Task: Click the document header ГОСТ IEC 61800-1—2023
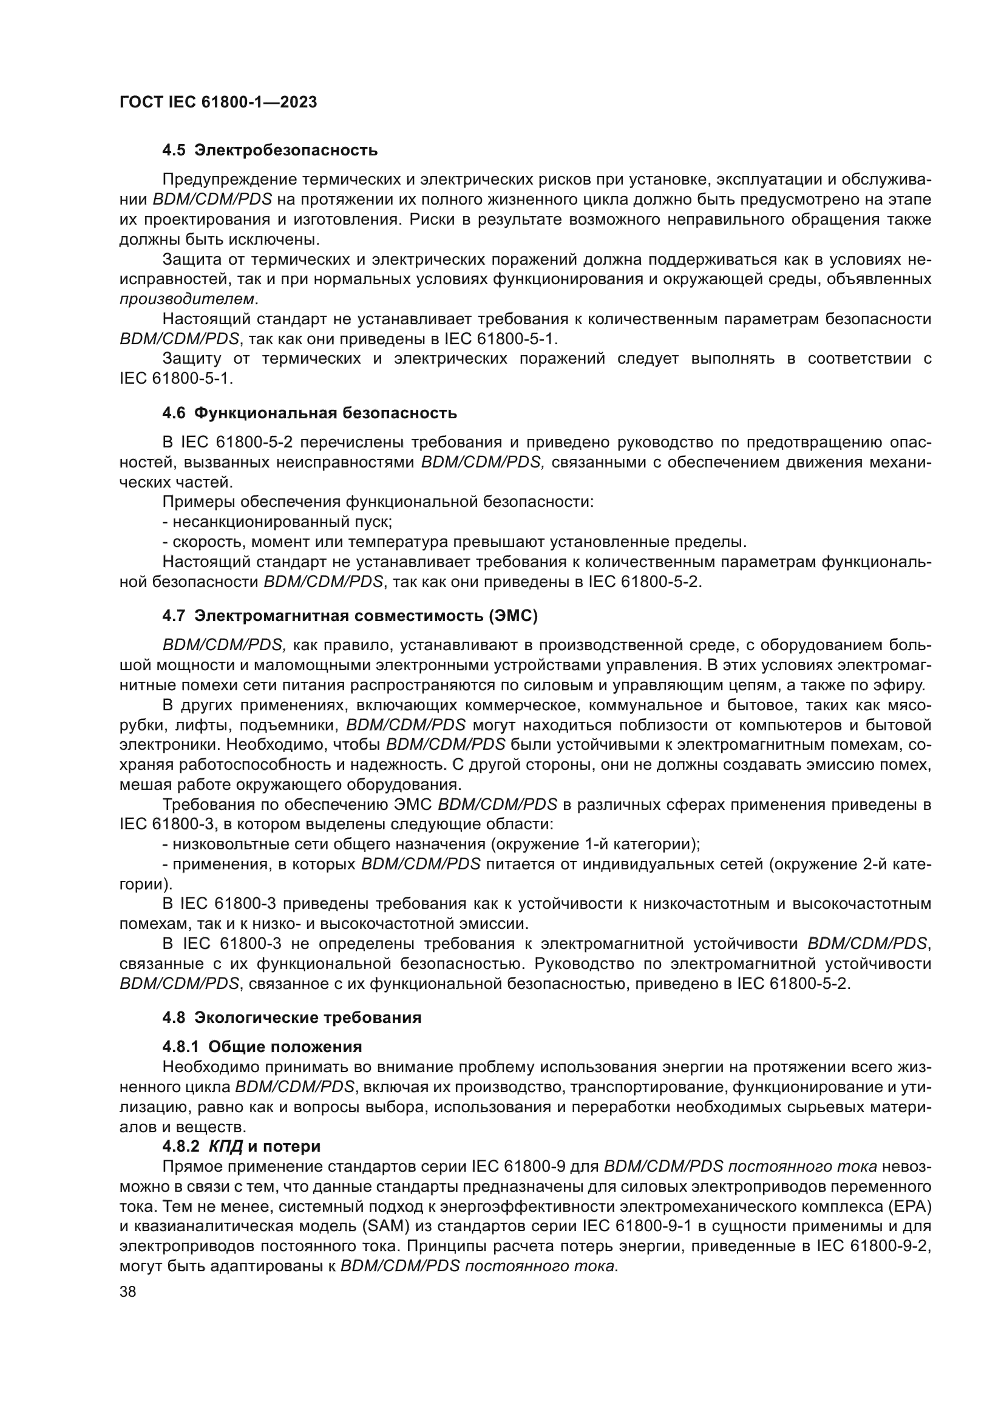[x=218, y=103]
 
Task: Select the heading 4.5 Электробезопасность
[x=270, y=151]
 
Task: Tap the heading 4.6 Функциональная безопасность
[x=309, y=413]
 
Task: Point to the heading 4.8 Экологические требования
[x=292, y=1018]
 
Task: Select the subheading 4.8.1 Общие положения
[x=262, y=1047]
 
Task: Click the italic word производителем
[x=187, y=299]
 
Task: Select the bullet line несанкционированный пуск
[x=277, y=522]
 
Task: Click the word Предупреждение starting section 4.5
[x=228, y=180]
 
